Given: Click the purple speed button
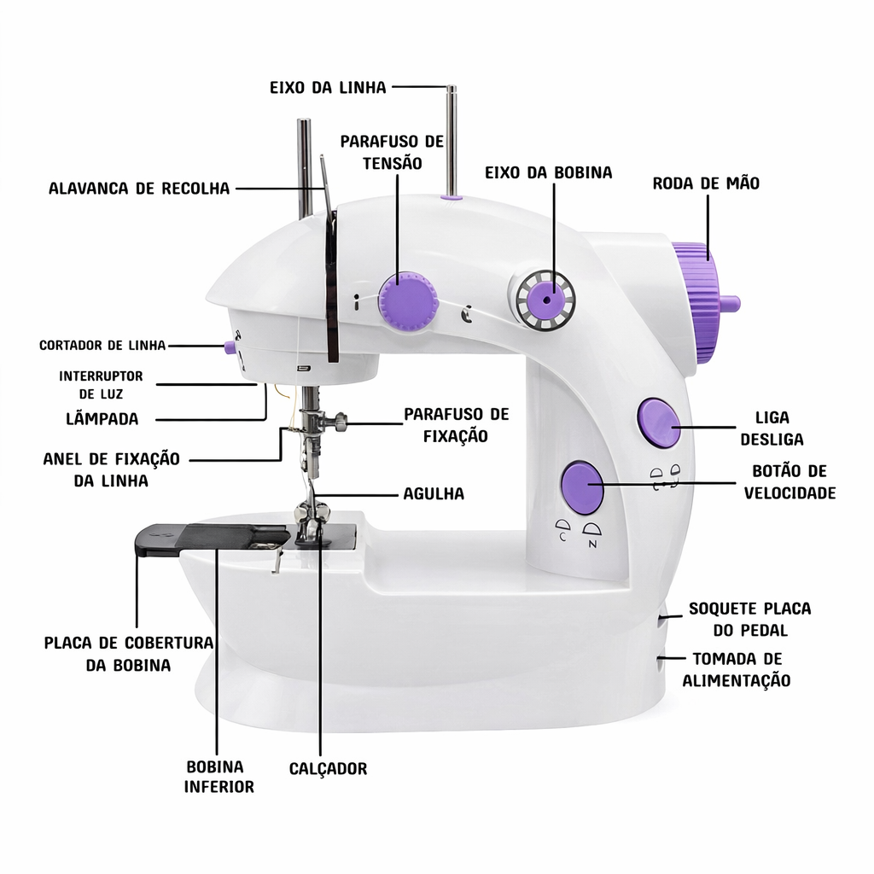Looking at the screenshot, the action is [x=582, y=487].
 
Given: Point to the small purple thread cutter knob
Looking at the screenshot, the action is [x=230, y=347].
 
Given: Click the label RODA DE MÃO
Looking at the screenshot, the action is [x=706, y=184].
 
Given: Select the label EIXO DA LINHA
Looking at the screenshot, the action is [x=328, y=88].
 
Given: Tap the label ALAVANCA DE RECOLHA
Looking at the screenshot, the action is [x=139, y=189].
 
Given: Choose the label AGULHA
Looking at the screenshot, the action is [x=434, y=494].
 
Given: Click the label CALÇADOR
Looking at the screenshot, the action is [x=329, y=769].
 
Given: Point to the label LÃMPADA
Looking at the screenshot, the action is [x=102, y=418].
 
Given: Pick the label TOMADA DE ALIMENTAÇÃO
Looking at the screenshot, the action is [x=737, y=670].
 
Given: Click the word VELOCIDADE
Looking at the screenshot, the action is [x=790, y=493].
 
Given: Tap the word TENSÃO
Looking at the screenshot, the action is [x=393, y=164].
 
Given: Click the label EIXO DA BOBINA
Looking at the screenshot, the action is [x=549, y=172].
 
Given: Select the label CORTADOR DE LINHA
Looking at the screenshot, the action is [x=102, y=346].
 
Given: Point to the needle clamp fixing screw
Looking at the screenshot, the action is [x=337, y=421].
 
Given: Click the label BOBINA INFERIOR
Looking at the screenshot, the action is [x=219, y=777].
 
